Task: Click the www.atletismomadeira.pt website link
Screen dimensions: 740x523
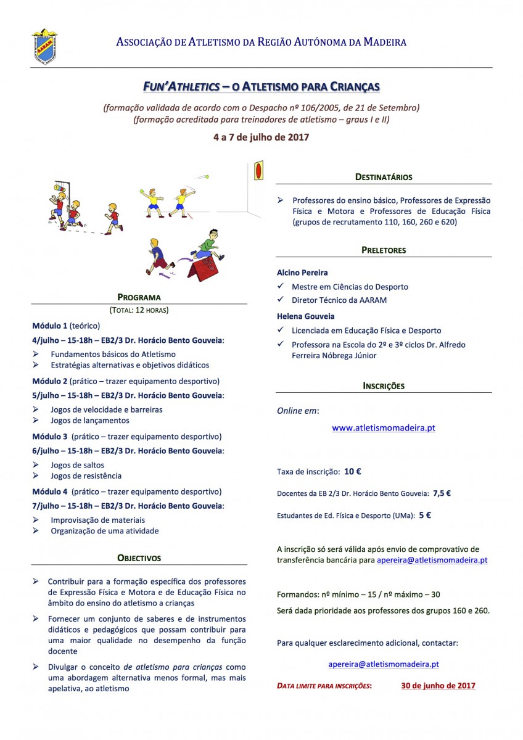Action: tap(384, 427)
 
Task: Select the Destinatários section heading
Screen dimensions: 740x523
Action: tap(384, 177)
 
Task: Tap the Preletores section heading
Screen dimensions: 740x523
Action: tap(384, 250)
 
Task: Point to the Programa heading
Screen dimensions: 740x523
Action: tap(139, 297)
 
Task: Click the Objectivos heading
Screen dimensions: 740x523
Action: tap(139, 558)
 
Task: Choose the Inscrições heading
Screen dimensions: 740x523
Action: tap(384, 386)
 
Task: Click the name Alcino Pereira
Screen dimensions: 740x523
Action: tap(303, 273)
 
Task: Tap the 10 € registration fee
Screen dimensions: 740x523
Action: tap(353, 472)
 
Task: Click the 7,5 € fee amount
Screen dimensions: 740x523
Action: tap(442, 493)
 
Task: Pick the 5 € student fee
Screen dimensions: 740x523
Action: tap(425, 515)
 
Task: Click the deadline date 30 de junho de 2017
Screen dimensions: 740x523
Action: tap(438, 685)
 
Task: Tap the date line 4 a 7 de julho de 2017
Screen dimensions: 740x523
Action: tap(261, 137)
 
